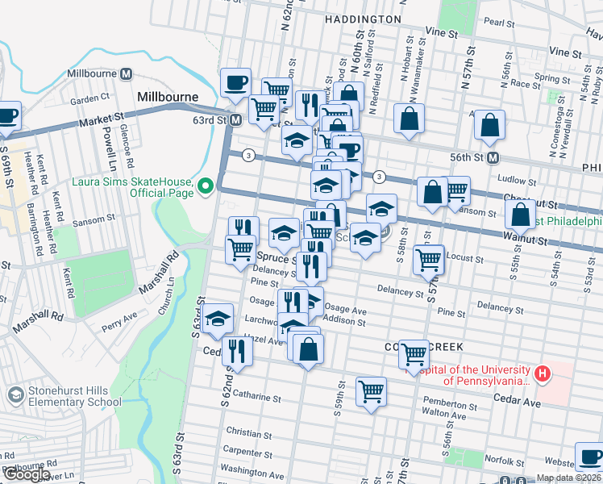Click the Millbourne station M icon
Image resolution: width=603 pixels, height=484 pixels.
click(x=126, y=73)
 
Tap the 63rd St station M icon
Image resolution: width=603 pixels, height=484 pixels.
click(x=235, y=120)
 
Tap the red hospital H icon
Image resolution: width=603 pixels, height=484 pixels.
click(x=543, y=374)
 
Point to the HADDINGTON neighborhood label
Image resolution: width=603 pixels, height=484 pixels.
click(x=362, y=19)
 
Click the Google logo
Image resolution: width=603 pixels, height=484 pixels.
click(x=26, y=475)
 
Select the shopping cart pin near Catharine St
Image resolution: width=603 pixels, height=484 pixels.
click(x=371, y=393)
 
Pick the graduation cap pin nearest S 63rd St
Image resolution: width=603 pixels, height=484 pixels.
click(x=217, y=319)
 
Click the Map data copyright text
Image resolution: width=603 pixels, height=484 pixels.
click(x=568, y=478)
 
